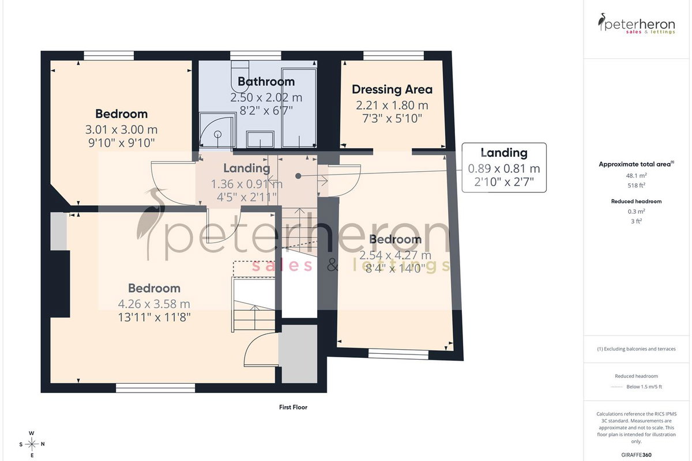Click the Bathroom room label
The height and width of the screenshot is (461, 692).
tap(266, 81)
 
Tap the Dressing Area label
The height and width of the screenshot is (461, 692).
tap(392, 89)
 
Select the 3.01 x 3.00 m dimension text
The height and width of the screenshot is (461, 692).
tap(122, 130)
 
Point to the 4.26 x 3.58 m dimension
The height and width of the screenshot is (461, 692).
tap(154, 304)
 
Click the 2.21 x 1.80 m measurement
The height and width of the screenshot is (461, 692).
tap(392, 105)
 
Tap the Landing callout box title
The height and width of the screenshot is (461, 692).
tap(504, 153)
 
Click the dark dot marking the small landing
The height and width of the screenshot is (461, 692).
tap(298, 176)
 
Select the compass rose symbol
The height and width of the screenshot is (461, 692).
tap(32, 444)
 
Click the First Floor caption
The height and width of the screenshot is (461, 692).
tap(293, 407)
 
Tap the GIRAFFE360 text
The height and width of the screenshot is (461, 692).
tap(636, 455)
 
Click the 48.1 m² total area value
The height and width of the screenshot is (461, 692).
tap(637, 176)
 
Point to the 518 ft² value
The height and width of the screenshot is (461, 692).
tap(637, 186)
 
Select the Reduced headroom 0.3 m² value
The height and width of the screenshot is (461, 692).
tap(637, 211)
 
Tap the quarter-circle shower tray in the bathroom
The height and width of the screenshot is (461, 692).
tap(217, 130)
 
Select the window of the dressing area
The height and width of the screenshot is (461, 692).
tap(393, 55)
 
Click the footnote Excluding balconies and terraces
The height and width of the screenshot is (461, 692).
tap(637, 349)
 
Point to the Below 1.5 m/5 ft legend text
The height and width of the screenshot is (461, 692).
tap(644, 387)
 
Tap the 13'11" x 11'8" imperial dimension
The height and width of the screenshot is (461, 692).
tap(154, 318)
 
